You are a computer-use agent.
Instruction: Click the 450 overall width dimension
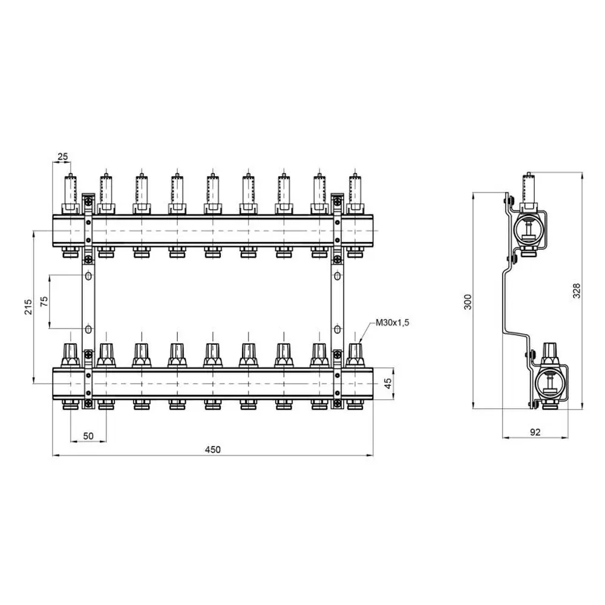[212, 450]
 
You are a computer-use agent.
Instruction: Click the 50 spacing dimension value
[88, 436]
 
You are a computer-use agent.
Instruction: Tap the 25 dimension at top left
[62, 156]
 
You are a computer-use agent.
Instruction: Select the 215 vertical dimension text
[28, 307]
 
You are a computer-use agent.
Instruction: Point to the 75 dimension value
[44, 301]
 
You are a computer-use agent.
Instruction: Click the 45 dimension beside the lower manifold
[388, 383]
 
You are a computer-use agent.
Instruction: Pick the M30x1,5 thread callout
[393, 322]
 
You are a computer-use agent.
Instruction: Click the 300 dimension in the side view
[468, 302]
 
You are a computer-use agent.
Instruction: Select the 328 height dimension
[577, 290]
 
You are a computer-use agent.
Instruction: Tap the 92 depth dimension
[535, 432]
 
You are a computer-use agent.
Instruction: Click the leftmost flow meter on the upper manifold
[70, 194]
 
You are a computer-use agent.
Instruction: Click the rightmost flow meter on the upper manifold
[355, 194]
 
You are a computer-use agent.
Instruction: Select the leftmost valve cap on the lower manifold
[70, 355]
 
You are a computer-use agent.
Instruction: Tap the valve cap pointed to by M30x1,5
[355, 355]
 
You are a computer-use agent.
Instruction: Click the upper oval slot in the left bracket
[88, 276]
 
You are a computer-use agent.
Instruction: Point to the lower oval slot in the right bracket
[337, 329]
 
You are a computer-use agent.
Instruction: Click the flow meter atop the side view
[529, 191]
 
